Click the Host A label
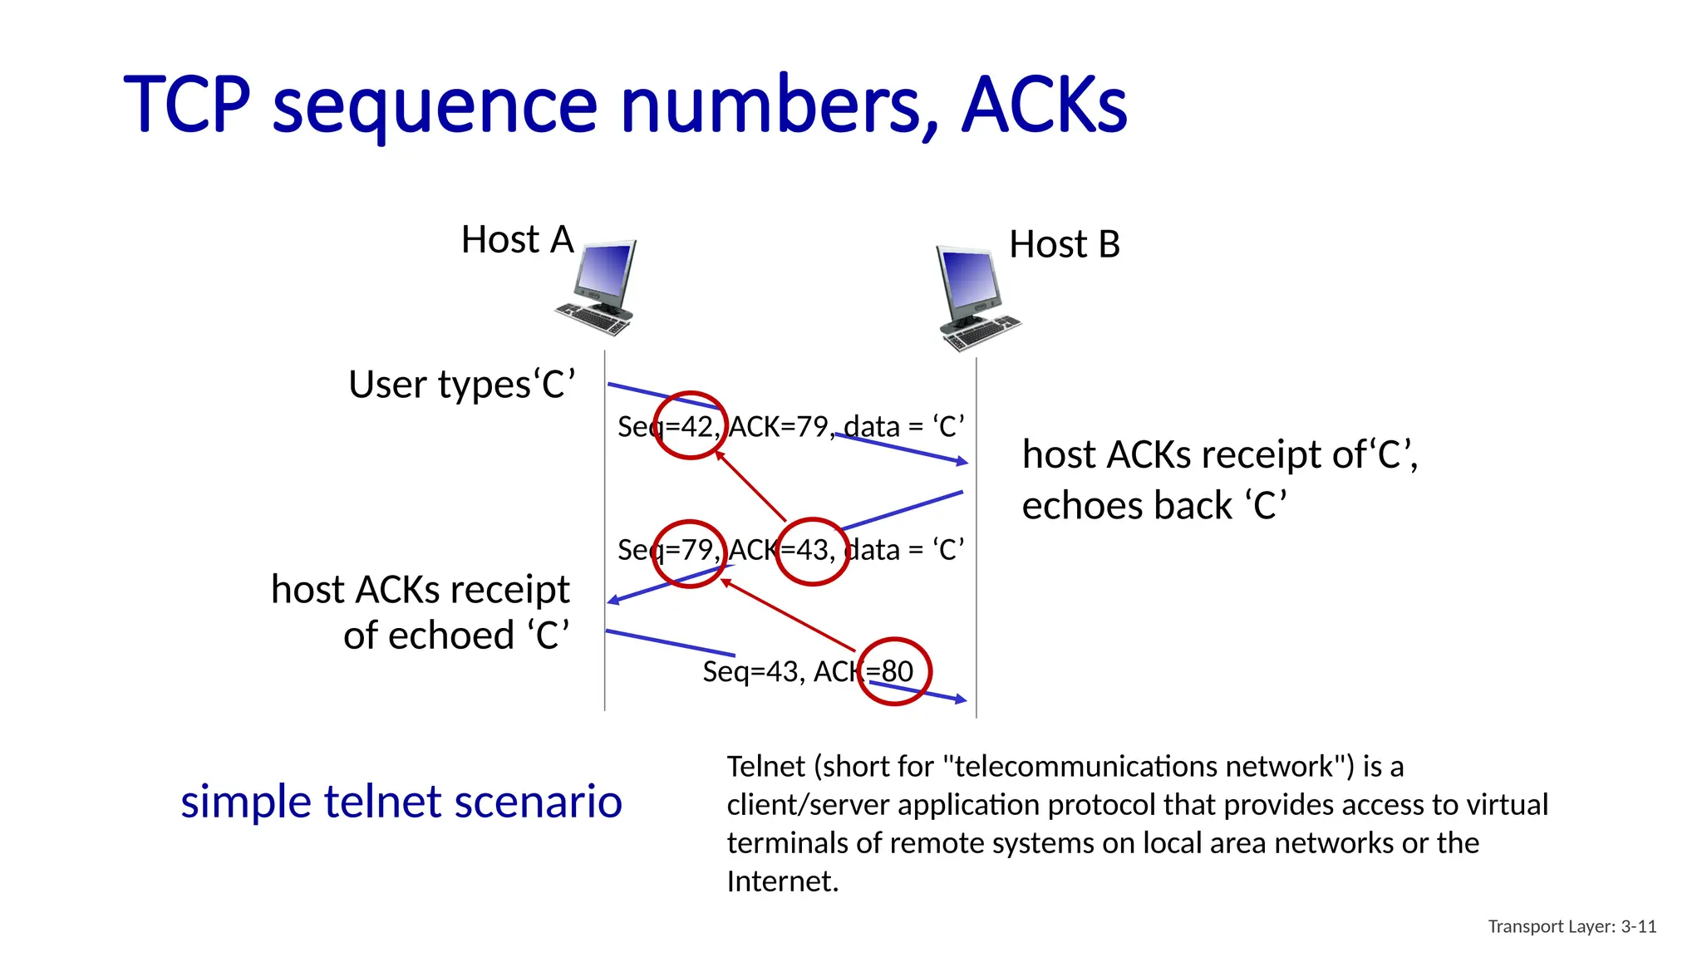(517, 240)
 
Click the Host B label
(1064, 245)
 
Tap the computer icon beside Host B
(974, 297)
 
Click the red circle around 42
(690, 425)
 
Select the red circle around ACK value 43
(812, 552)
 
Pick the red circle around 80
(893, 671)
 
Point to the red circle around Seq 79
(689, 553)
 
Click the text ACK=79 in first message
(780, 427)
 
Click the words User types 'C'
(462, 385)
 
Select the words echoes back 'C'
(1154, 506)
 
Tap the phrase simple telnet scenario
(401, 802)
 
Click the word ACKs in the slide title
(1044, 105)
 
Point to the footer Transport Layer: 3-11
(1572, 926)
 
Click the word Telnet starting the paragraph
(766, 766)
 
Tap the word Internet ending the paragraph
(781, 881)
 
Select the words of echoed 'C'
(456, 636)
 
